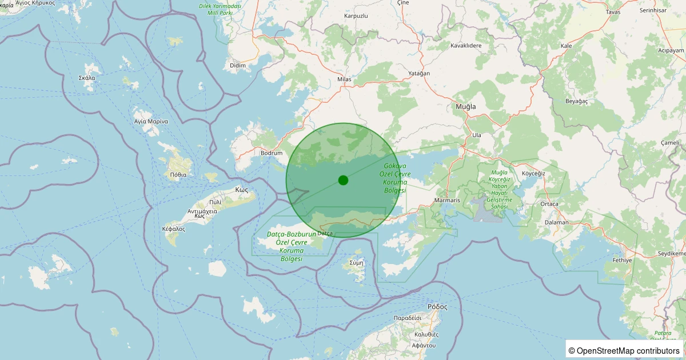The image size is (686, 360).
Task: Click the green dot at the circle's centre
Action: click(x=343, y=180)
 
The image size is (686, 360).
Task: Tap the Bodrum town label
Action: click(x=271, y=153)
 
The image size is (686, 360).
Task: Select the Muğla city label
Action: click(x=465, y=107)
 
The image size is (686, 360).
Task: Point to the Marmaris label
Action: click(x=447, y=201)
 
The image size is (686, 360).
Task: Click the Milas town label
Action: click(x=344, y=79)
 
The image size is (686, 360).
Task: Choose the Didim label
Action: click(x=237, y=65)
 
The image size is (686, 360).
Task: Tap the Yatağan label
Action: click(x=419, y=74)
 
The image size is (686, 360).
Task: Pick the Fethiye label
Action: click(x=622, y=260)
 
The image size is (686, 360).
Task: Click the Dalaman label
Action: click(x=556, y=222)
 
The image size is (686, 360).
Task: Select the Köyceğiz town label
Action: click(x=534, y=173)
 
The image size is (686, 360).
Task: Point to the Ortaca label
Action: click(x=549, y=203)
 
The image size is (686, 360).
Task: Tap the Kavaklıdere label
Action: click(x=466, y=45)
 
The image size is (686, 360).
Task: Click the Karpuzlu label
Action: click(x=356, y=15)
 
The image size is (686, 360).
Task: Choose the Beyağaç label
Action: click(x=560, y=100)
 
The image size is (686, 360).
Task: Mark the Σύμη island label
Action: click(x=356, y=263)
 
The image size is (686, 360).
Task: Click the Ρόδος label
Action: click(x=437, y=306)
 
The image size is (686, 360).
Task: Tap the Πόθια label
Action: click(x=178, y=174)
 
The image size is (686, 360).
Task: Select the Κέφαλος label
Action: click(x=174, y=229)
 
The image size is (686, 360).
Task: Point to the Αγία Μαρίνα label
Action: click(x=150, y=121)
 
